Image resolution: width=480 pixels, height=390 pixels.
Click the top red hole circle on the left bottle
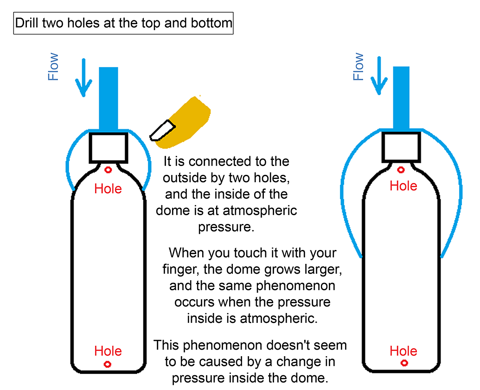(108, 170)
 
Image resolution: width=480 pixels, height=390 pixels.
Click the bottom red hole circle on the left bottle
(108, 364)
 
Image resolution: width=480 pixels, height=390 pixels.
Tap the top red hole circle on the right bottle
(401, 170)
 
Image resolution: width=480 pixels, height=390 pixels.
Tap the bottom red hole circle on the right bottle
(404, 362)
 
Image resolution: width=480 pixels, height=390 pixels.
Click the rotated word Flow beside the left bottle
(53, 67)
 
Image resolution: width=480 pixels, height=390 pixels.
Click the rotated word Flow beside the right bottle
(358, 67)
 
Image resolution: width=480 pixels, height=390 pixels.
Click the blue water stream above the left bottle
(109, 97)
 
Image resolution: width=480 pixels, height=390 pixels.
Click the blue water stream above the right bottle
(401, 97)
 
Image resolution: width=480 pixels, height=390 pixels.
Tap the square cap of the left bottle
(109, 147)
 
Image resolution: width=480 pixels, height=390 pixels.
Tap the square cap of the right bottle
(401, 145)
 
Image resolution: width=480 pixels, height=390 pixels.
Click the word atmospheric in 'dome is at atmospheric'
(260, 211)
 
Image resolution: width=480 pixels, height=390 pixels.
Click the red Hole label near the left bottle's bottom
(108, 351)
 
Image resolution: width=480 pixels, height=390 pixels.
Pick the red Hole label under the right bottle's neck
(403, 186)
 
